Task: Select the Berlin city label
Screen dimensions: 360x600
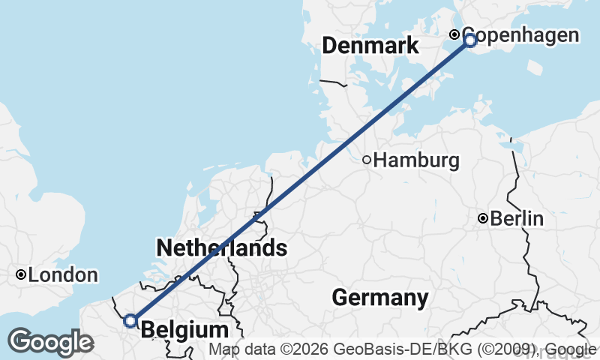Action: (517, 219)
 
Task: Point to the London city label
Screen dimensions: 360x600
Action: (64, 275)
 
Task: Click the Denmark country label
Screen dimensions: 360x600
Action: (370, 46)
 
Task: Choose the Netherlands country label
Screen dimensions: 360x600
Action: (222, 247)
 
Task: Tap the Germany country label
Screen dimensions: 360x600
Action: (380, 298)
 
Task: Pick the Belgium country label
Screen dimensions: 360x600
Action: (184, 330)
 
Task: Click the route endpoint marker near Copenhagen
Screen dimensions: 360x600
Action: (470, 40)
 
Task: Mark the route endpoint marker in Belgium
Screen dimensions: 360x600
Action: (130, 321)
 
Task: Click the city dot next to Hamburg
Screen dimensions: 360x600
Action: (367, 160)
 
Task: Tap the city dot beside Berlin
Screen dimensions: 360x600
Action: (484, 219)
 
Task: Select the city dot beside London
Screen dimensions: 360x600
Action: (22, 275)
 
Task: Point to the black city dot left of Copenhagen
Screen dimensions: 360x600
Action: (454, 34)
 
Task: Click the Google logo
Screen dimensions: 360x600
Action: (50, 342)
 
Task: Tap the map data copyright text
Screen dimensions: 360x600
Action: (403, 349)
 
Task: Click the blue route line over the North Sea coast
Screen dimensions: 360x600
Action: (300, 180)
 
